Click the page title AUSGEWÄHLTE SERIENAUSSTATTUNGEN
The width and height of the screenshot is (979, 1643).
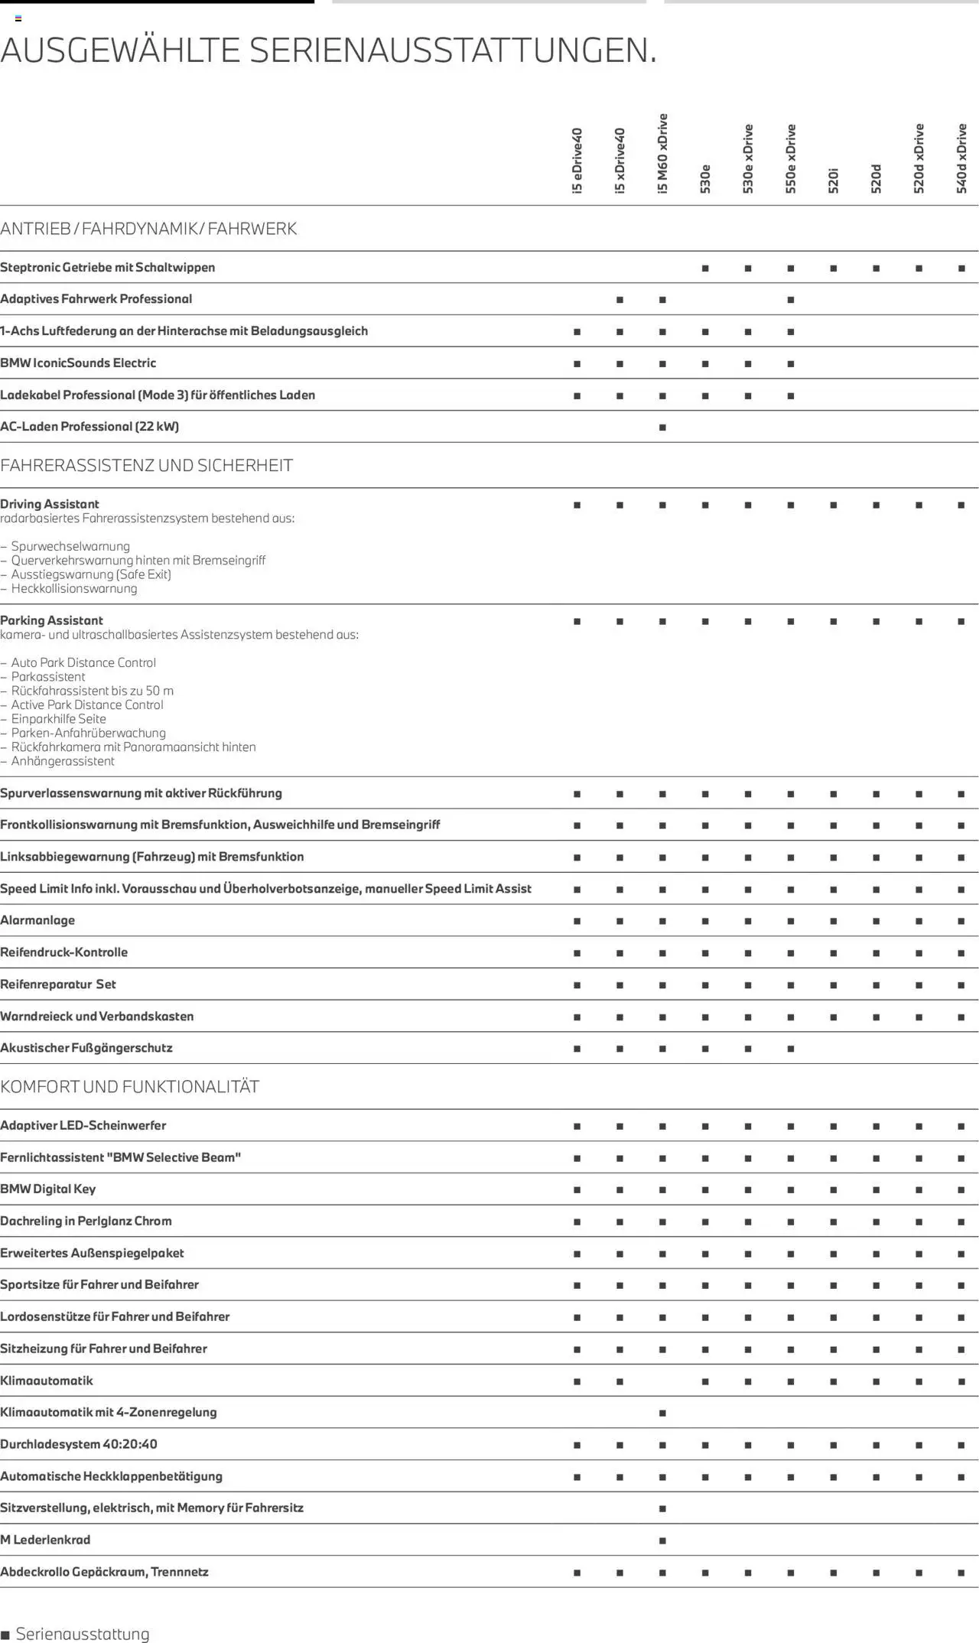pyautogui.click(x=329, y=50)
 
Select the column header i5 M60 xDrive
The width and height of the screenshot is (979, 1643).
pyautogui.click(x=662, y=154)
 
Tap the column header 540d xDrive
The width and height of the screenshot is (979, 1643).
pyautogui.click(x=961, y=158)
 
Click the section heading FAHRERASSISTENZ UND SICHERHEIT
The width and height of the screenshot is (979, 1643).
pyautogui.click(x=146, y=465)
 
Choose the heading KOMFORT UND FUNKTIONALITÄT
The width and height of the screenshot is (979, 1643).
pyautogui.click(x=129, y=1086)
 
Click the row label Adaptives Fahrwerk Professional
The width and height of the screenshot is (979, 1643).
pyautogui.click(x=96, y=299)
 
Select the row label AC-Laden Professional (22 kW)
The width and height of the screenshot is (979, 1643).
pyautogui.click(x=89, y=427)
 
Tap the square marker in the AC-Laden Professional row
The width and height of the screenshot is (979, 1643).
pyautogui.click(x=662, y=428)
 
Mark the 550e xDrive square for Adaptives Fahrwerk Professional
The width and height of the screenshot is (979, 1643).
pyautogui.click(x=791, y=300)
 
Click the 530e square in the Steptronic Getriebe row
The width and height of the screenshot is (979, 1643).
pyautogui.click(x=705, y=268)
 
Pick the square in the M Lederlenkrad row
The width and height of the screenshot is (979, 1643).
pyautogui.click(x=662, y=1541)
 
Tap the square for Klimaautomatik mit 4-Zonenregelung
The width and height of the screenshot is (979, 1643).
pyautogui.click(x=662, y=1413)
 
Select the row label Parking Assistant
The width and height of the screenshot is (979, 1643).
pyautogui.click(x=51, y=620)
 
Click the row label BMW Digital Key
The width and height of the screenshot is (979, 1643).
pyautogui.click(x=47, y=1189)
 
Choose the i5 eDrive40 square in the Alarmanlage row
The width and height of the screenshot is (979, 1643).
pyautogui.click(x=577, y=921)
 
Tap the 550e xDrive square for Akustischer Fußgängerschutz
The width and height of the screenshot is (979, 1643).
pyautogui.click(x=791, y=1049)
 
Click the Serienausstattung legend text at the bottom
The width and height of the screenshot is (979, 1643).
pyautogui.click(x=83, y=1634)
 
